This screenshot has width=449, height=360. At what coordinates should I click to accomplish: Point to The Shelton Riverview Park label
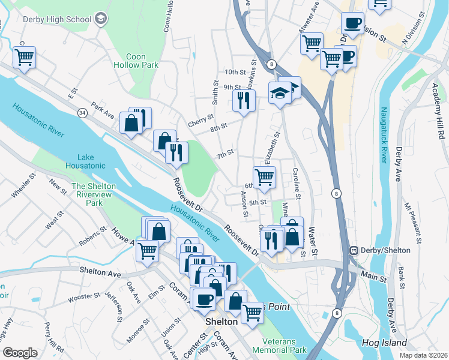pos(94,194)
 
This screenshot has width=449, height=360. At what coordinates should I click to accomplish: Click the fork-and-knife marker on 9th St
pos(243,100)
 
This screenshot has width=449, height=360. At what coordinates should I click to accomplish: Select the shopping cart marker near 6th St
pos(264,177)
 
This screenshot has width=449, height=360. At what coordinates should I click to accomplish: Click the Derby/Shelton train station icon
pos(354,250)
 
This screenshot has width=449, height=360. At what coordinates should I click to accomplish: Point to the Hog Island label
pos(385,343)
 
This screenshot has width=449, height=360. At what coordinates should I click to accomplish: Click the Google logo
pos(20,352)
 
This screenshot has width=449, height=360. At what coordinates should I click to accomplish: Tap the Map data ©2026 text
pos(423,355)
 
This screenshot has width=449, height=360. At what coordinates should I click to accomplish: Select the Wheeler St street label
pos(25,189)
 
